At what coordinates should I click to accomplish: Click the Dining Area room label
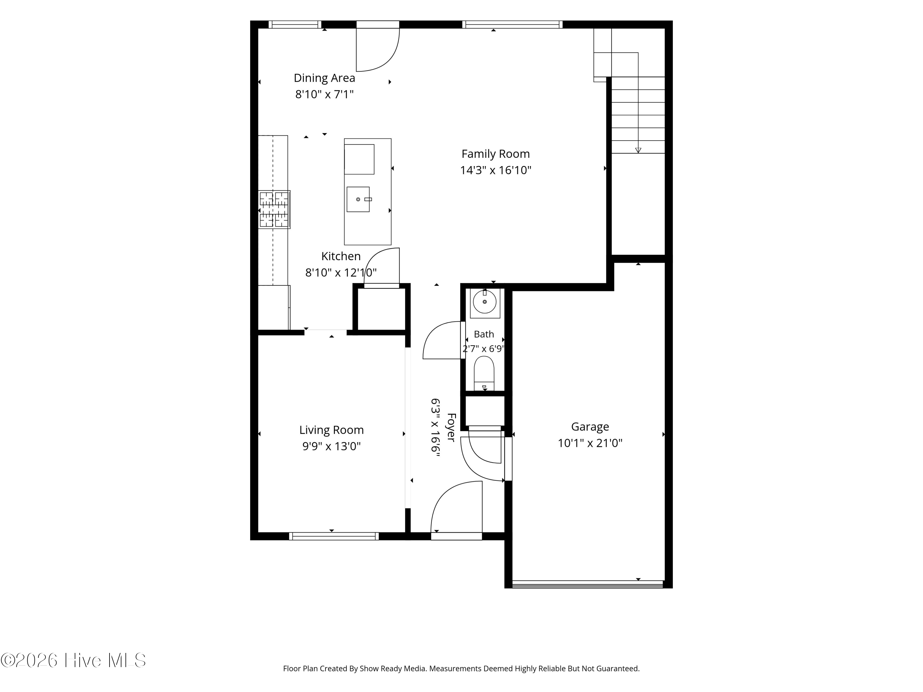[324, 78]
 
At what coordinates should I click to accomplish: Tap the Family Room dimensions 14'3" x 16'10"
[496, 170]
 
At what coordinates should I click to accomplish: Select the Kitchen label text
[341, 256]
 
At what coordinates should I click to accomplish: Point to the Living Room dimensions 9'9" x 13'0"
[331, 446]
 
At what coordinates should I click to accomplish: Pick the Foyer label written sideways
[451, 427]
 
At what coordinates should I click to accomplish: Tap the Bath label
[484, 334]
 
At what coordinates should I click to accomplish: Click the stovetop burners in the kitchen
[274, 209]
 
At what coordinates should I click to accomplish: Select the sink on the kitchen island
[358, 199]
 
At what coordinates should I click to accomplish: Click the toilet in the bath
[484, 373]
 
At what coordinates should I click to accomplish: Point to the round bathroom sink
[485, 302]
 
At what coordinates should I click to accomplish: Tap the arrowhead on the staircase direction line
[638, 150]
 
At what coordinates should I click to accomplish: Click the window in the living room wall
[334, 536]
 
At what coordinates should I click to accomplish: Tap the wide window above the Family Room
[512, 25]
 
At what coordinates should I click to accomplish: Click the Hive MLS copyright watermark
[74, 660]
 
